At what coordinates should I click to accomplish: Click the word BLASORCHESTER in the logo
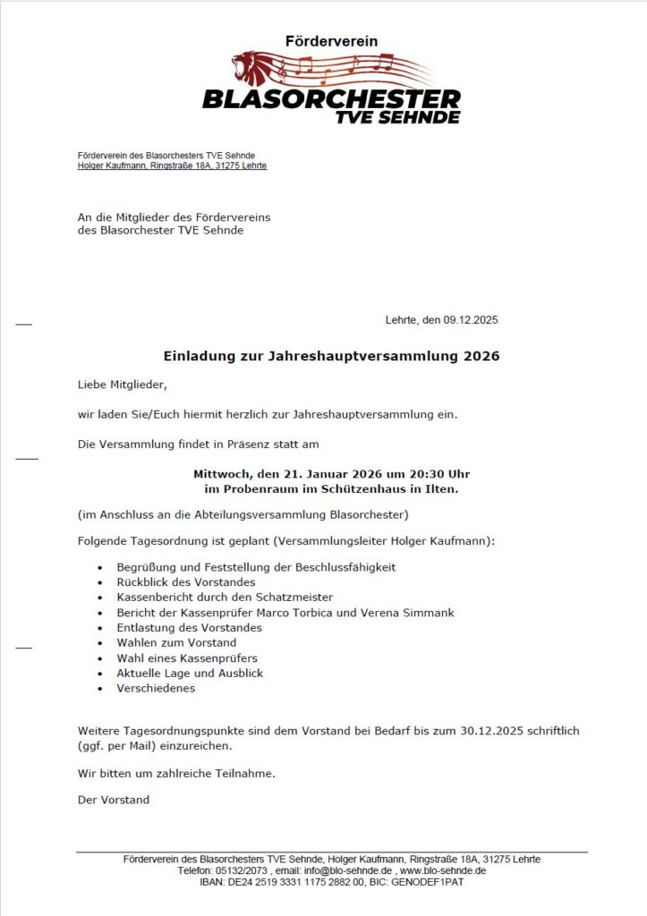click(331, 98)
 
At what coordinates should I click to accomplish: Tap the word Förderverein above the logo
click(331, 41)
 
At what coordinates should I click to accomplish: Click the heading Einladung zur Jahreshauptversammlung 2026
click(331, 356)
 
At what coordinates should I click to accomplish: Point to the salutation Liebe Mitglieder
click(122, 385)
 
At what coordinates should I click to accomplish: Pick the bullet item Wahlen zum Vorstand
click(176, 642)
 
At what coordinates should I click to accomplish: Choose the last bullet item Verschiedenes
click(156, 688)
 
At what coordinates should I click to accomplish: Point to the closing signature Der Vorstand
click(114, 800)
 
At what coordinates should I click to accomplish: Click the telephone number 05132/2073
click(241, 870)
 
